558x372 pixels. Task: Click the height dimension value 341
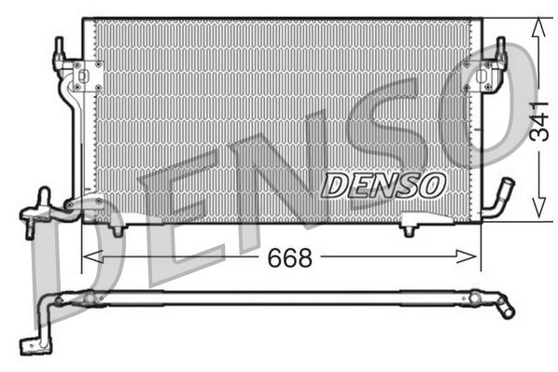tap(538, 119)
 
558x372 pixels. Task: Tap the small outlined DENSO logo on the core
tap(383, 185)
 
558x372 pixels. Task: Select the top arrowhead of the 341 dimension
tap(537, 26)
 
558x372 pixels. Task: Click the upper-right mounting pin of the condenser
tap(500, 48)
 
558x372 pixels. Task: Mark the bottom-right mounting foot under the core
tap(410, 227)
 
